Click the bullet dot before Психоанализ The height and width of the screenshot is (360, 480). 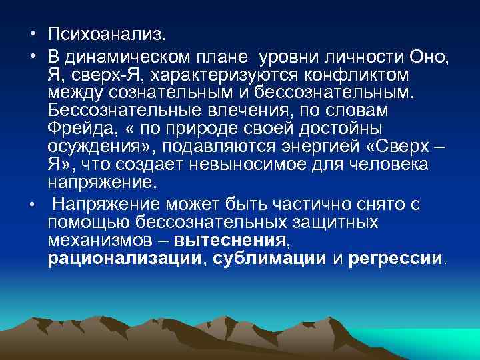click(32, 33)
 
